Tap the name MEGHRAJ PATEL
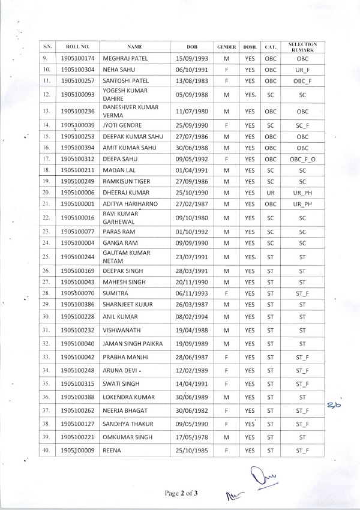125,58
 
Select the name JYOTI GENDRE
121,125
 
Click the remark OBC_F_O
302,158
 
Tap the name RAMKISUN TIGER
127,181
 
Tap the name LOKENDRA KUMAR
128,397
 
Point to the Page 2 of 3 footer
182,493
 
